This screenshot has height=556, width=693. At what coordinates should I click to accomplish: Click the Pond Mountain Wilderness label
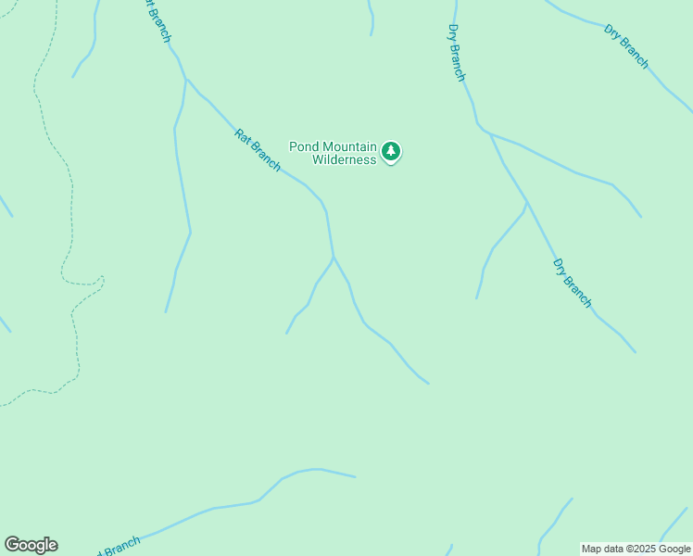point(334,153)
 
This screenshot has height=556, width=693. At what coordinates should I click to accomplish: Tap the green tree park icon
point(391,151)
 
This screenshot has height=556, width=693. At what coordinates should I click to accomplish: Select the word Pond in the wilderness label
point(305,146)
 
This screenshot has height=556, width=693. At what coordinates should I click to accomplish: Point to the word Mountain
point(350,146)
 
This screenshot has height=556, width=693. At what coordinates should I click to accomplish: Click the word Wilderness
point(344,159)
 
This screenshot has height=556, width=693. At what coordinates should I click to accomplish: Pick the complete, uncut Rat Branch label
point(258,149)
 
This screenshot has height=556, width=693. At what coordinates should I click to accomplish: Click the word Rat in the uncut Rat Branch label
point(243,135)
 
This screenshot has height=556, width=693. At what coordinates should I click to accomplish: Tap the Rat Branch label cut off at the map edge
point(156,20)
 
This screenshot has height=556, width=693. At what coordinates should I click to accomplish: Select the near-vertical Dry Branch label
point(456,53)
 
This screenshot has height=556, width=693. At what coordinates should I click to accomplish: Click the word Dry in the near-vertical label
point(452,33)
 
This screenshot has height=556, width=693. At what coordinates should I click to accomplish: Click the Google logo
point(31,545)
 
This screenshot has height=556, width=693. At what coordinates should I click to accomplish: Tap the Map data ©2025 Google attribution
point(636,549)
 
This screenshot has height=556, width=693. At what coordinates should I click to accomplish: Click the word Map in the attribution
point(592,549)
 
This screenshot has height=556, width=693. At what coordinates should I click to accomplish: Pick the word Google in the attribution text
point(674,549)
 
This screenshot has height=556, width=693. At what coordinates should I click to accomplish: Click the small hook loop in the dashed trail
point(100,280)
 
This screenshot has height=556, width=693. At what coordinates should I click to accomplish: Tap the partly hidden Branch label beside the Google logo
point(118,547)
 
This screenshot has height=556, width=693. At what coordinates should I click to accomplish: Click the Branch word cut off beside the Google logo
point(118,547)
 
